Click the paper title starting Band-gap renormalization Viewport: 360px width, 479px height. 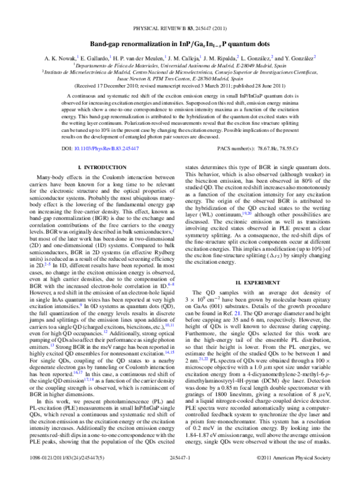(x=179, y=46)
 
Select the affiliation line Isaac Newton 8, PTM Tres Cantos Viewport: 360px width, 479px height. (x=179, y=95)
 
